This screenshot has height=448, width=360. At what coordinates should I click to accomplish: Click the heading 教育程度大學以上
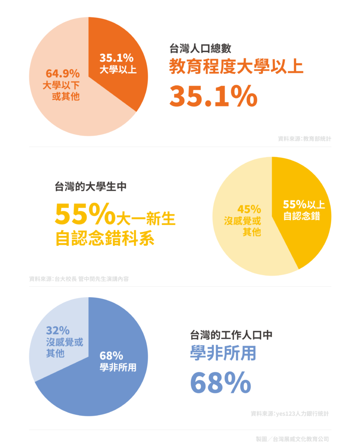pos(236,67)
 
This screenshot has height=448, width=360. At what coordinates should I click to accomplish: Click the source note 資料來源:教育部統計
pos(304,139)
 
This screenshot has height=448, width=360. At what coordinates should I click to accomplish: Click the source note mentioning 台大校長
pos(79,279)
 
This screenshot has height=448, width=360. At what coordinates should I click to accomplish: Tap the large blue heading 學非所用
pos(223,353)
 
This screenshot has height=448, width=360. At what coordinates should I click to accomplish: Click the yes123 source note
pos(290,413)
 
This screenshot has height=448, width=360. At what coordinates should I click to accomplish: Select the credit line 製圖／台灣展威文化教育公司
pos(292,438)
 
